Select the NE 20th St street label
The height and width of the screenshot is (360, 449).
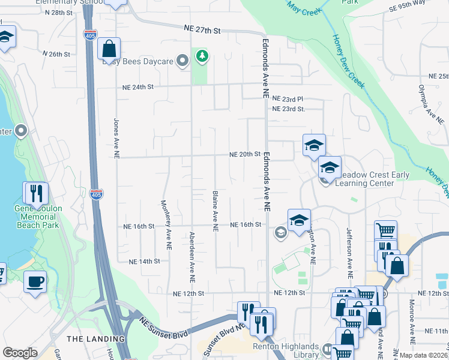tap(245, 154)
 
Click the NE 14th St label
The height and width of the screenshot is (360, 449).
tap(145, 262)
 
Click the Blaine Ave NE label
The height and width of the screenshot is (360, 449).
tap(214, 211)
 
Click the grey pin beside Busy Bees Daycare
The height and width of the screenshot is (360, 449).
tap(184, 61)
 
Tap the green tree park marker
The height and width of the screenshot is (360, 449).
tap(203, 57)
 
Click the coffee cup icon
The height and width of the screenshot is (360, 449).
tap(35, 281)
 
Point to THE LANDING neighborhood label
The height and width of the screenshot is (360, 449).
tap(88, 339)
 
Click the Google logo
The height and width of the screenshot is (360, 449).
tap(20, 353)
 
